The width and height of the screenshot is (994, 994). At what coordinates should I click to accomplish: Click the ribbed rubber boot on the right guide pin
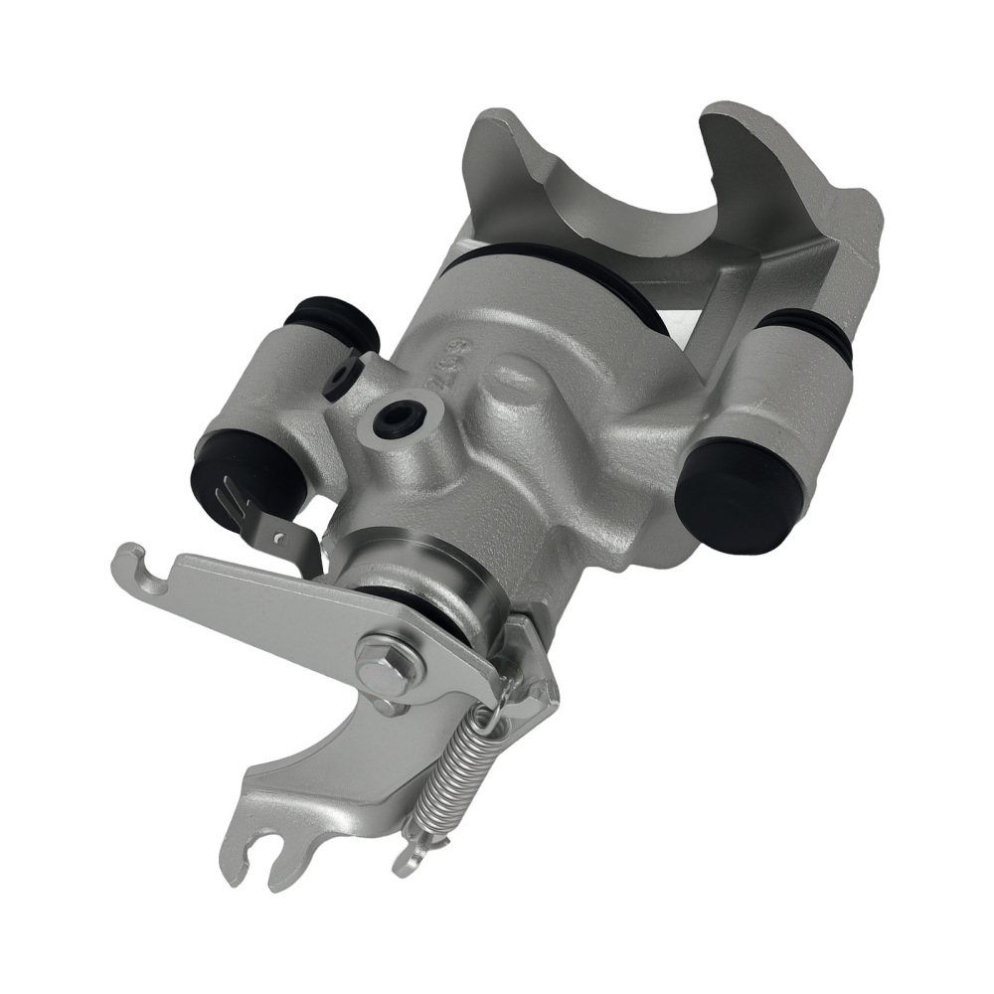[x=810, y=328]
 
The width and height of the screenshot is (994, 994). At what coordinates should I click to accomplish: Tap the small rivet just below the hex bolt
[x=386, y=707]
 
